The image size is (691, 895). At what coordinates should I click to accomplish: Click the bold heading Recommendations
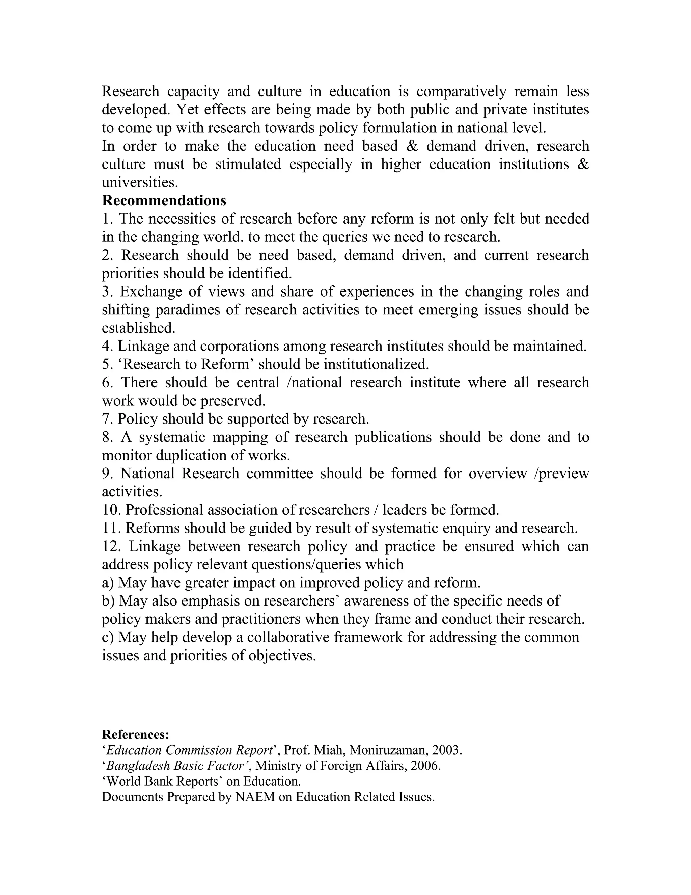(x=164, y=200)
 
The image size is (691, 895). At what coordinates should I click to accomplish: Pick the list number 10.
(x=111, y=510)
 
